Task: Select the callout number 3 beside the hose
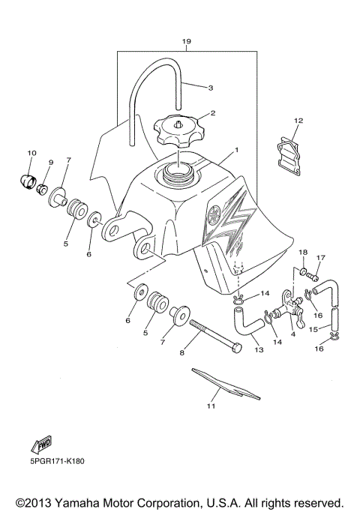210,88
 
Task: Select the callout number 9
51,162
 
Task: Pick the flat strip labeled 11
226,383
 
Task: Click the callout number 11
211,406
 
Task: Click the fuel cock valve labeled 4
286,305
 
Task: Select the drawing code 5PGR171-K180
58,462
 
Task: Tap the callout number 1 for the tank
236,150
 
